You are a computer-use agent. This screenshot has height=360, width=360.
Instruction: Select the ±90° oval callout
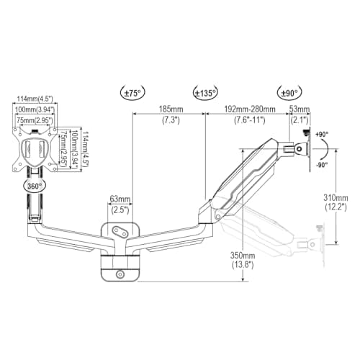289,93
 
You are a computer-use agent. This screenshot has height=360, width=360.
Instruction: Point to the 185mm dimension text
171,109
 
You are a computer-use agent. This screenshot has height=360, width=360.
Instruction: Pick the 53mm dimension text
299,109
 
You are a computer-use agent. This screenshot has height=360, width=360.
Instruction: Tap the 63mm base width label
120,199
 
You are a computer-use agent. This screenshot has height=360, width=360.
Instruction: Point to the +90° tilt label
322,135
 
